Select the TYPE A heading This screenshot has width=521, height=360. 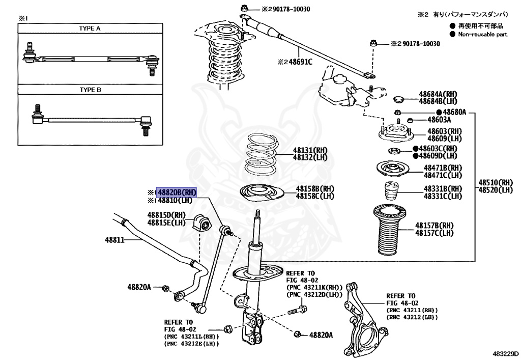point(90,29)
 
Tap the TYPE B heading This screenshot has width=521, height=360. point(90,90)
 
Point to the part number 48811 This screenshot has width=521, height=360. point(114,239)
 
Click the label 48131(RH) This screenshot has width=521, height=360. point(310,150)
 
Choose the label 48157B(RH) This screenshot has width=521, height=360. point(434,225)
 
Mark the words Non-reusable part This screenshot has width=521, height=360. point(482,34)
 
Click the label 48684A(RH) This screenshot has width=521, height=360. point(439,94)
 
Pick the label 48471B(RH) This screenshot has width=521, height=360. point(443,168)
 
